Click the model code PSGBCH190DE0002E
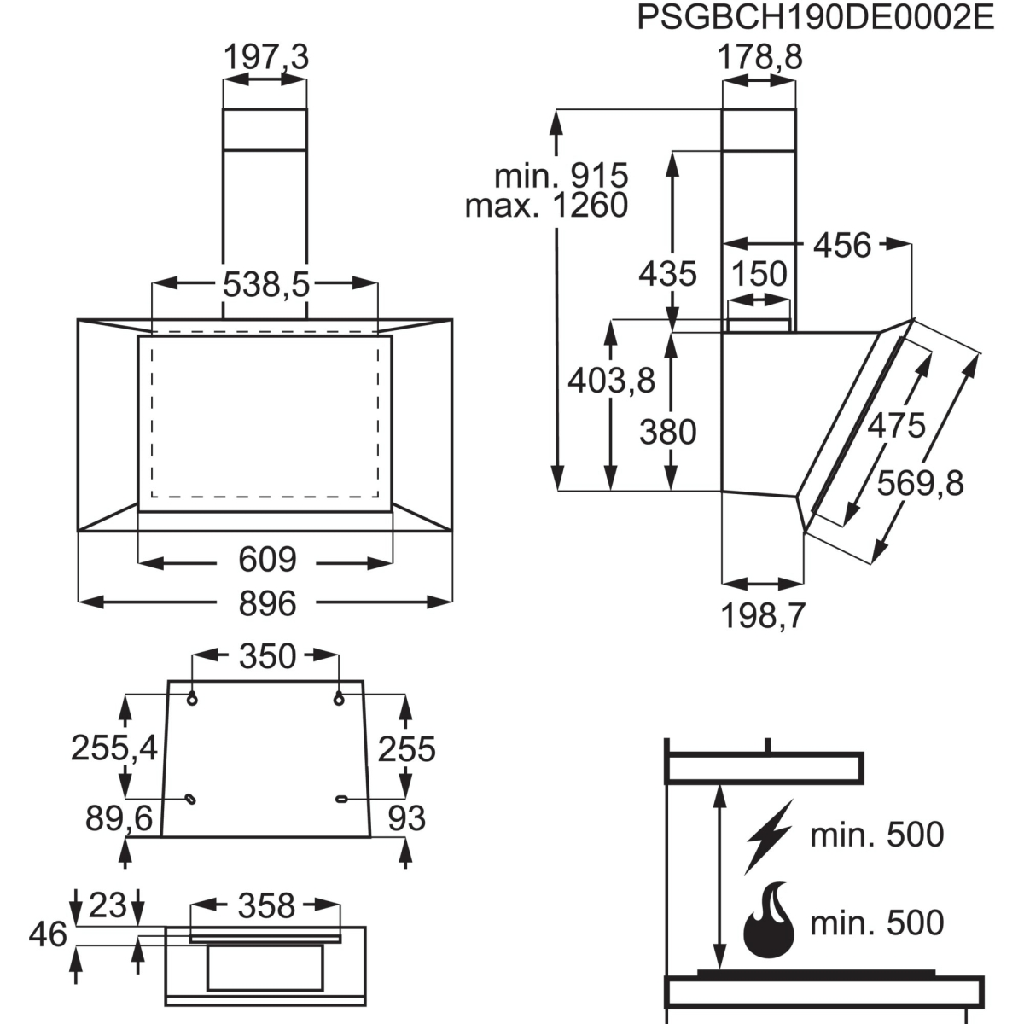(816, 18)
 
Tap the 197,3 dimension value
(265, 57)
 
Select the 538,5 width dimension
(265, 284)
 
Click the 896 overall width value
(267, 603)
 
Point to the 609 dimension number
(267, 560)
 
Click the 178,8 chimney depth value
(760, 57)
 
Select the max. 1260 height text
(547, 206)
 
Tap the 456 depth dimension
(842, 246)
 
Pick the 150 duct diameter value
(759, 274)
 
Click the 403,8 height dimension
(611, 381)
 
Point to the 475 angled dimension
(897, 426)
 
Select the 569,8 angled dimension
(920, 484)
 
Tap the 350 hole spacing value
(267, 656)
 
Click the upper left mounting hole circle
(192, 700)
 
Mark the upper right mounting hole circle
(339, 700)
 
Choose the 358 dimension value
(266, 906)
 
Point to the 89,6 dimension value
(119, 818)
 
